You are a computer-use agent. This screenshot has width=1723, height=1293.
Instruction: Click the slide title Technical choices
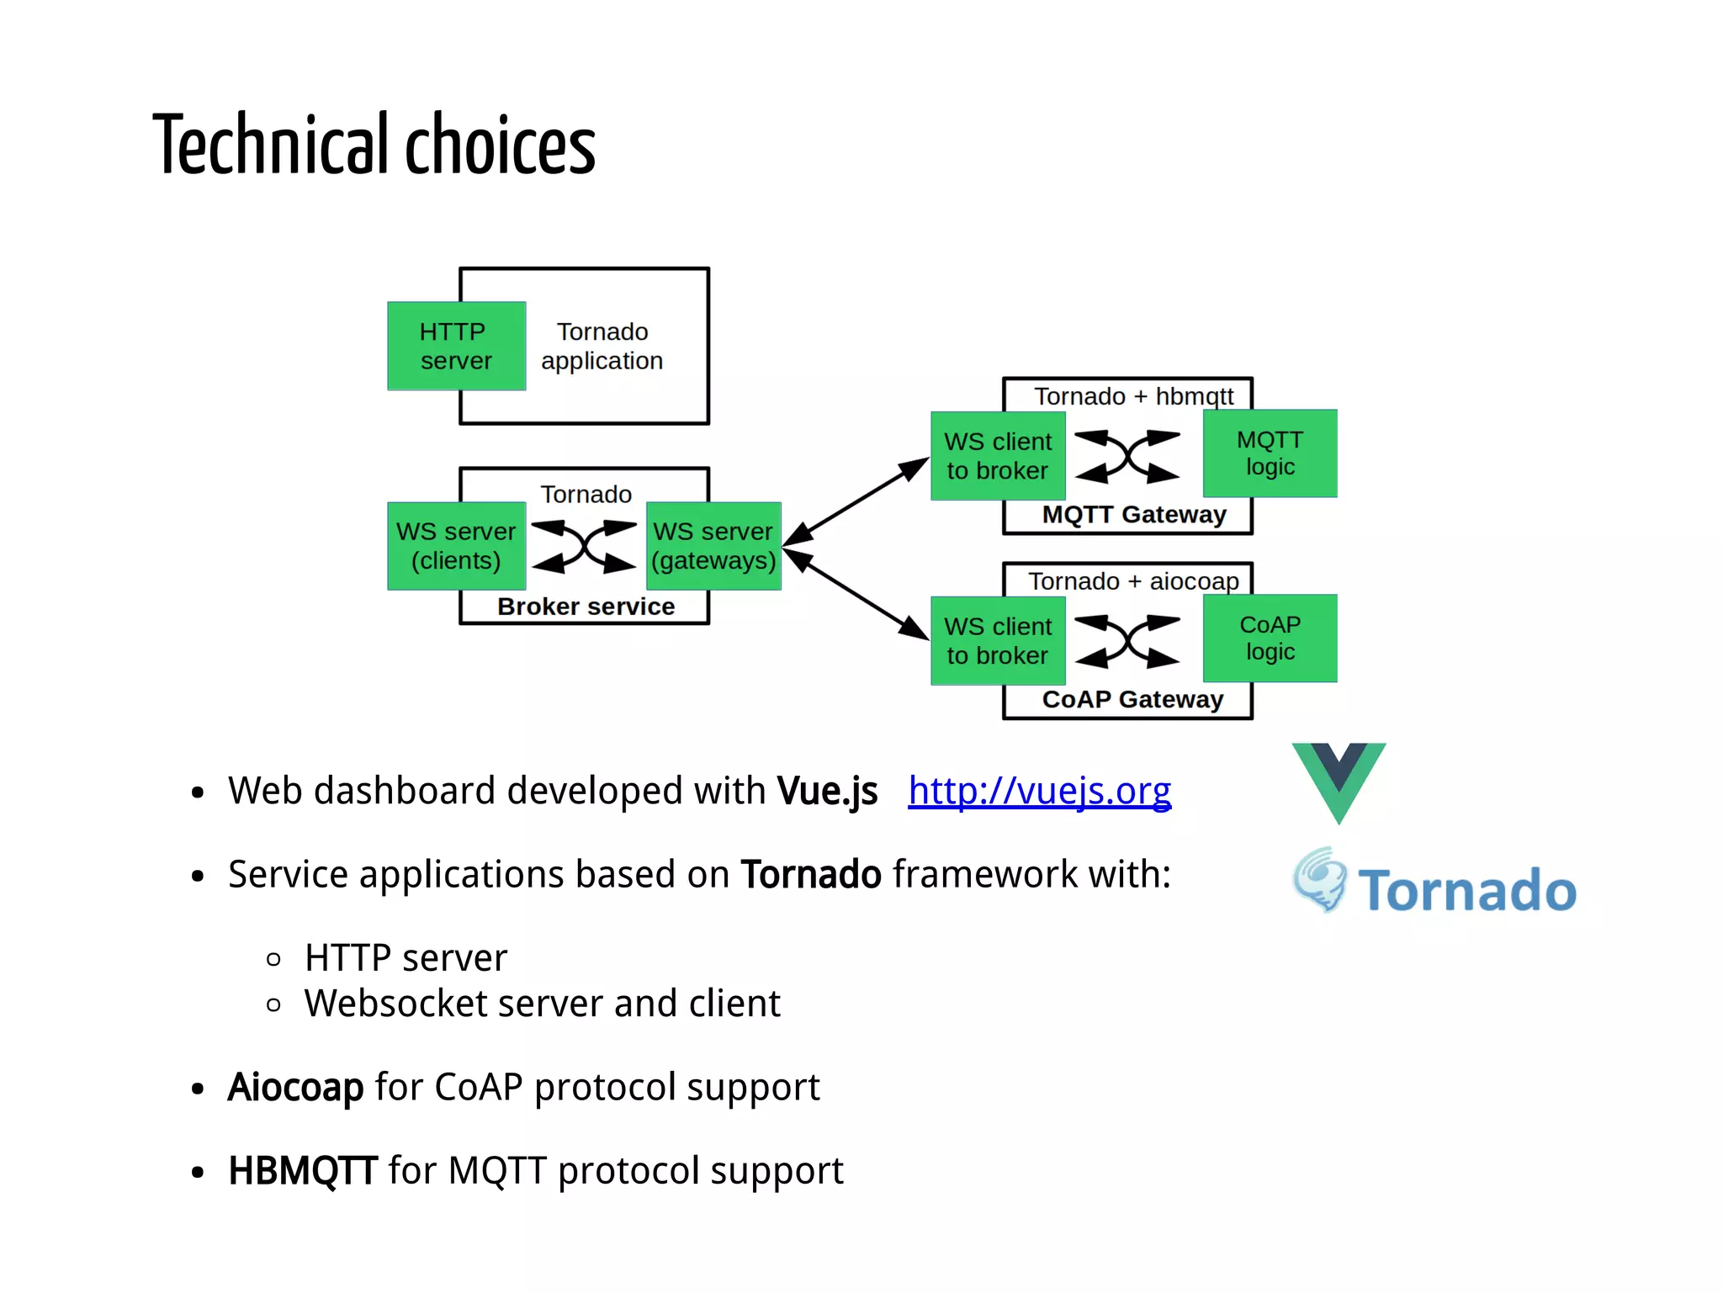click(374, 145)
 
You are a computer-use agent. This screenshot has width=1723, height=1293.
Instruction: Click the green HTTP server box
click(456, 346)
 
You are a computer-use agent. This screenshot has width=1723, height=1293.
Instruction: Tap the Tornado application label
click(602, 346)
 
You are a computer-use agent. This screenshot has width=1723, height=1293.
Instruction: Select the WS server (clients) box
click(456, 546)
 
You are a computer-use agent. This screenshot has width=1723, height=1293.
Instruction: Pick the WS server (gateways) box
click(713, 546)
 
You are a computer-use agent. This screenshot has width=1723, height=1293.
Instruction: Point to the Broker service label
click(586, 607)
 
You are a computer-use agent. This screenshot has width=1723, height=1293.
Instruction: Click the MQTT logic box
click(1270, 453)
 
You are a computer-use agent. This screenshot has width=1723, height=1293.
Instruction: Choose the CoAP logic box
click(1270, 639)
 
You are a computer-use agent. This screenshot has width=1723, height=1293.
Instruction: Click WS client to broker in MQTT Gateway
click(998, 456)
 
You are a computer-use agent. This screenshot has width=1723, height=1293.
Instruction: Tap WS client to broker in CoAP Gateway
click(998, 641)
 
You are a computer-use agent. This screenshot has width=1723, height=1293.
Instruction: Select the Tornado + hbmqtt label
click(1133, 396)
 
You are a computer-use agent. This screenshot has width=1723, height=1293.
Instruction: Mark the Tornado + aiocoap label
click(1133, 581)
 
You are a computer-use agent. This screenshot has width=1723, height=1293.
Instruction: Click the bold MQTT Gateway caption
click(1133, 514)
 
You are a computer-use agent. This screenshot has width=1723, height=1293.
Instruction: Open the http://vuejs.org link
click(1039, 791)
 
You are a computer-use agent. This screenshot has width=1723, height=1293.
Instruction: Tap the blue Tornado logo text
click(1466, 891)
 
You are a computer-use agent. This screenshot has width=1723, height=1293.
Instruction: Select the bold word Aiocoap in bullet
click(295, 1087)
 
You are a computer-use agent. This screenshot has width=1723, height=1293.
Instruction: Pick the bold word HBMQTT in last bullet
click(302, 1171)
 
